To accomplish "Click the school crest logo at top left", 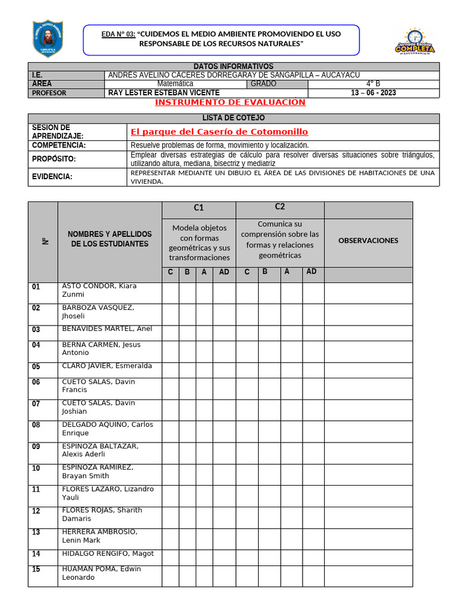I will pyautogui.click(x=47, y=40).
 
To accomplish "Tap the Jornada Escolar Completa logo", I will pyautogui.click(x=414, y=41).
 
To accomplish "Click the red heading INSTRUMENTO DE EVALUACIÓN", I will pyautogui.click(x=230, y=103).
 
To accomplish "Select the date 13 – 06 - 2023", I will pyautogui.click(x=373, y=93).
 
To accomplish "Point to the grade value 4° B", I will pyautogui.click(x=373, y=84).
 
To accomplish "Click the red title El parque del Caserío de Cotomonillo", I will pyautogui.click(x=219, y=131).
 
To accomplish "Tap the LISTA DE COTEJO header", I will pyautogui.click(x=234, y=118).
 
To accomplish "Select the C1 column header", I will pyautogui.click(x=199, y=208).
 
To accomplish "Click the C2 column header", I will pyautogui.click(x=280, y=207).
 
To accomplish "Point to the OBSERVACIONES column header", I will pyautogui.click(x=368, y=240).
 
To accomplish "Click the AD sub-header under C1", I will pyautogui.click(x=224, y=272).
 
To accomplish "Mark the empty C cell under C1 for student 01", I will pyautogui.click(x=170, y=293).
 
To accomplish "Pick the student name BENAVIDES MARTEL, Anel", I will pyautogui.click(x=107, y=329).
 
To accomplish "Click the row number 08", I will pyautogui.click(x=36, y=425).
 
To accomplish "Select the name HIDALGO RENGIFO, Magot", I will pyautogui.click(x=108, y=553).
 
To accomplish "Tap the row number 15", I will pyautogui.click(x=36, y=570).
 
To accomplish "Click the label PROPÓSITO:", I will pyautogui.click(x=53, y=159).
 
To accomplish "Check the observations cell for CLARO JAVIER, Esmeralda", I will pyautogui.click(x=368, y=367).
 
